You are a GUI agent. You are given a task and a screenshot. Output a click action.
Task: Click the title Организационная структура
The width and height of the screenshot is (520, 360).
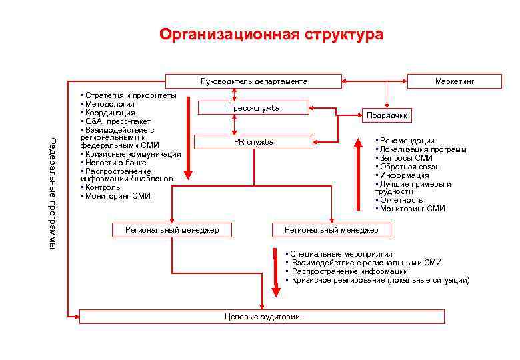(x=271, y=35)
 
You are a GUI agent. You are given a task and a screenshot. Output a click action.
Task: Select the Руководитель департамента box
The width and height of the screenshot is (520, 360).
(x=254, y=81)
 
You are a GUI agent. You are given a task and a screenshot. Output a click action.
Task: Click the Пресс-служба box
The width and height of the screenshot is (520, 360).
(x=253, y=108)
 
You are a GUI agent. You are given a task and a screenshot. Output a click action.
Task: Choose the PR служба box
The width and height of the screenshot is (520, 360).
(x=253, y=142)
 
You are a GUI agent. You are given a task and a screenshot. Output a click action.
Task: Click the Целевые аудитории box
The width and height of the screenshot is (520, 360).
(x=262, y=317)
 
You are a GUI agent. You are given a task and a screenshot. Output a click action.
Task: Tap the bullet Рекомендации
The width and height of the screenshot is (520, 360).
(x=407, y=141)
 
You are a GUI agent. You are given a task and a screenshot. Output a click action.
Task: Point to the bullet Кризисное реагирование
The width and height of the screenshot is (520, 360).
(x=380, y=281)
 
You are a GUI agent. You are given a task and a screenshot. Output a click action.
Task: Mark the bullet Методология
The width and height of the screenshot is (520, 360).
(x=110, y=104)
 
